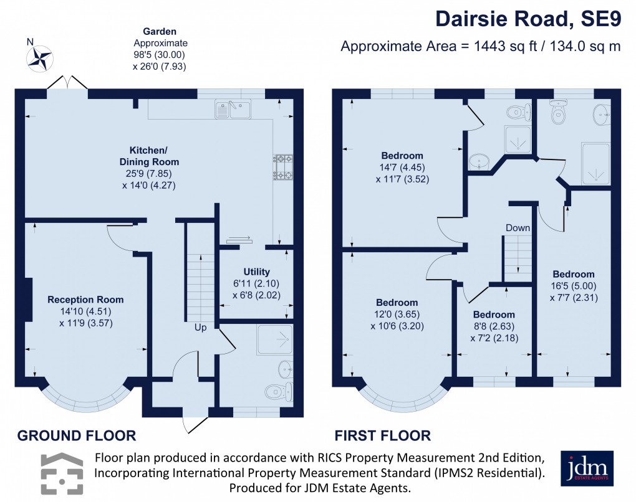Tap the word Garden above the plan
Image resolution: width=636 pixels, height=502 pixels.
[x=160, y=31]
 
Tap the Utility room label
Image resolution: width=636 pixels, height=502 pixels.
[x=256, y=272]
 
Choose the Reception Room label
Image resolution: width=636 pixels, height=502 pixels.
[x=85, y=299]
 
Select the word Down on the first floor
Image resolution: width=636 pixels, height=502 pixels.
[x=518, y=228]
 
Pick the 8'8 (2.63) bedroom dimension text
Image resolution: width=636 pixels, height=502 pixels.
[x=494, y=326]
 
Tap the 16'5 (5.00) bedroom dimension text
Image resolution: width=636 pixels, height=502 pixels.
[x=573, y=286]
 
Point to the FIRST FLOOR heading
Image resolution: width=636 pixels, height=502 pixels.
[x=382, y=435]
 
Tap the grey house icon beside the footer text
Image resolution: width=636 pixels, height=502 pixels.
[x=62, y=473]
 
